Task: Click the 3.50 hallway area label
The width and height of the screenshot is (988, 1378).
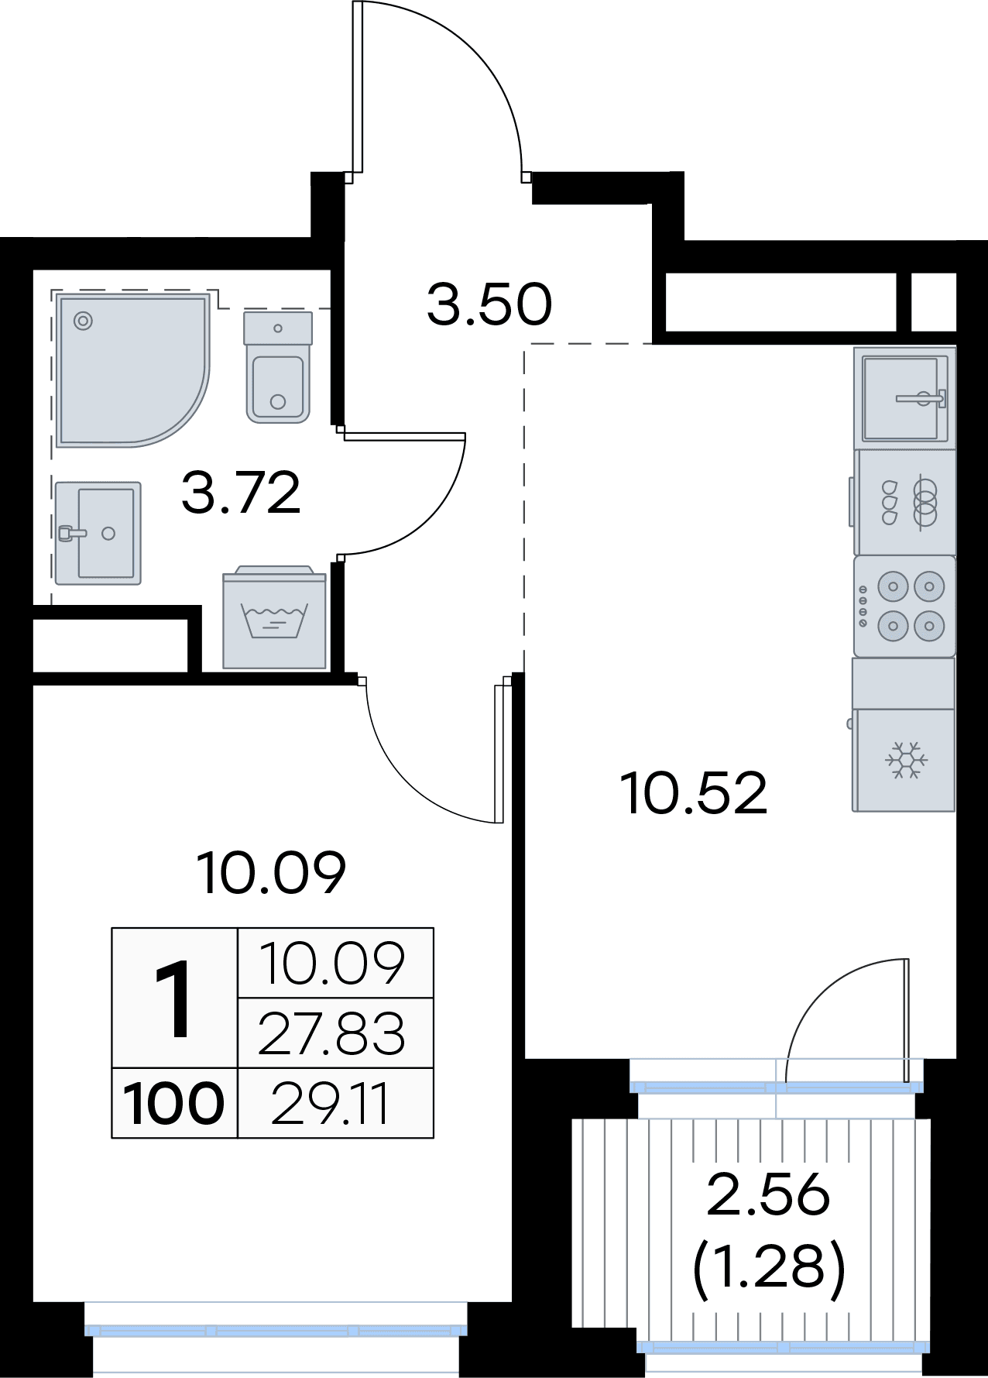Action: click(489, 304)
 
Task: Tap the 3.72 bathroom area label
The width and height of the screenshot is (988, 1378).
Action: click(241, 493)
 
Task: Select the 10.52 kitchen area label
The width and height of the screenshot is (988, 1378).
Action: click(694, 793)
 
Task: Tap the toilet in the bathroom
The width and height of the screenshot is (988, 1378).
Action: click(278, 366)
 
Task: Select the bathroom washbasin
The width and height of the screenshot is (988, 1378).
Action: click(98, 533)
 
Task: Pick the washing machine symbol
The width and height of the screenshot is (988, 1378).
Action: click(274, 617)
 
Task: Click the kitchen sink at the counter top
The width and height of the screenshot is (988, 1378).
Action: click(904, 398)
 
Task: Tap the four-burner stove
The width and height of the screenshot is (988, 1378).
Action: click(904, 606)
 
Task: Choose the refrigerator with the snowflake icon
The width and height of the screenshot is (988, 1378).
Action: click(904, 760)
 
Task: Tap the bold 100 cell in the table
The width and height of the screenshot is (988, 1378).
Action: click(174, 1104)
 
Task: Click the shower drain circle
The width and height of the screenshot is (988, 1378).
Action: click(82, 320)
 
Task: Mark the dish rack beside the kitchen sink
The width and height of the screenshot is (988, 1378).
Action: click(904, 502)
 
